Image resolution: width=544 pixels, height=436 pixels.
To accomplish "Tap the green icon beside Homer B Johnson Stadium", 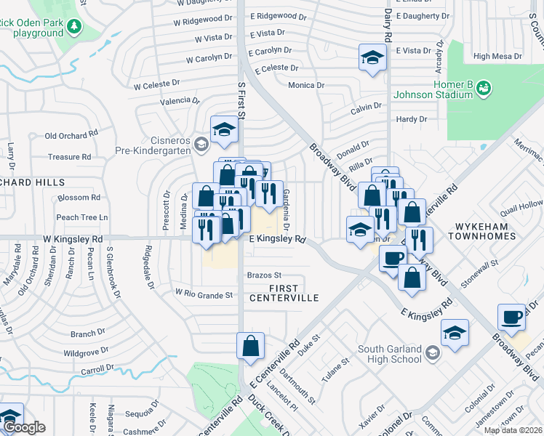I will (x=484, y=88).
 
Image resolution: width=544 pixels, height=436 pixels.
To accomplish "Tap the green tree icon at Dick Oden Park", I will (x=74, y=28).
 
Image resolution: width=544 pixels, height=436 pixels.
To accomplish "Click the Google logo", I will (x=24, y=427).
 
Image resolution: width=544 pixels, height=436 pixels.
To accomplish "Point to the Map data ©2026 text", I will (x=513, y=430).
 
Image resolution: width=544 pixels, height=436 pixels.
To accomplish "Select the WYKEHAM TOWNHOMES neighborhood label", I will (x=481, y=230).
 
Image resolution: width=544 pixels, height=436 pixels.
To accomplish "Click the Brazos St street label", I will (x=264, y=275).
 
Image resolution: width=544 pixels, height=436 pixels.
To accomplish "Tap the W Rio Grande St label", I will (x=204, y=294).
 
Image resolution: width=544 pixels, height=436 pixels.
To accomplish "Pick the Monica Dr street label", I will (x=306, y=85).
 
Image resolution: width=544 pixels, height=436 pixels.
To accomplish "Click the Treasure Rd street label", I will (x=69, y=156).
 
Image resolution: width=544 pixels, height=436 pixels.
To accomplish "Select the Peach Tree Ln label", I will (x=81, y=217).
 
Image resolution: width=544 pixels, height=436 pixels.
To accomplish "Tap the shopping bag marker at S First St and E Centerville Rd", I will (x=250, y=347).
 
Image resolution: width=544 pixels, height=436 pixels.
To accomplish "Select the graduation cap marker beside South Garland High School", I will (x=455, y=333).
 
